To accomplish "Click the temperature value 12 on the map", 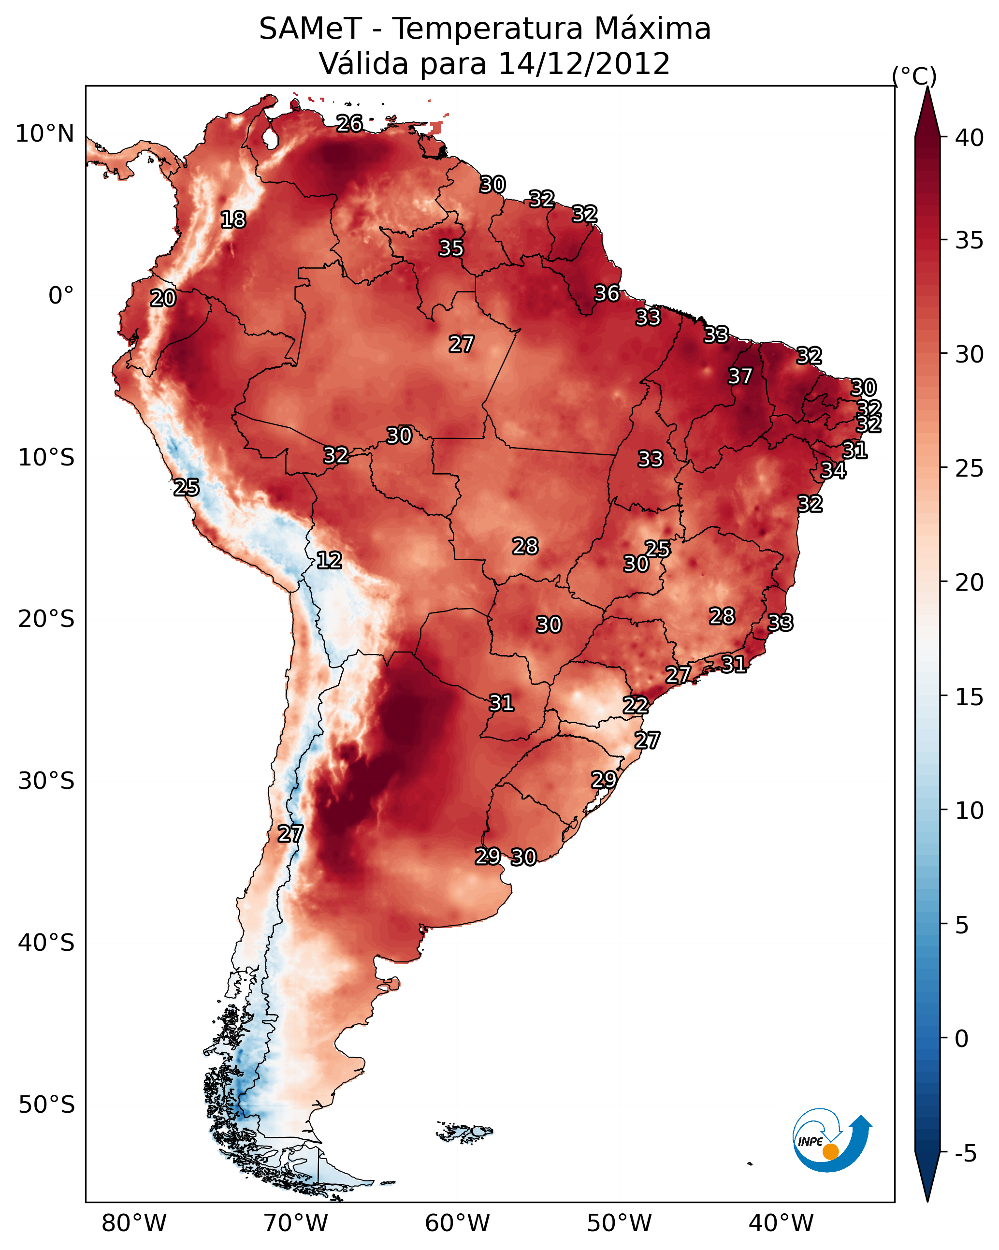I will [x=329, y=560].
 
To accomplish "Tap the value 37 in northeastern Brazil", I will [x=740, y=376].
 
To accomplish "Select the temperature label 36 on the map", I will [x=607, y=293].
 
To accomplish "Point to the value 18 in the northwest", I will [x=233, y=220].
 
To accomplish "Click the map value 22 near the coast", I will [x=635, y=705].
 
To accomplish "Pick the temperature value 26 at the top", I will [x=349, y=123].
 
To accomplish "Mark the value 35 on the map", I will [x=450, y=248].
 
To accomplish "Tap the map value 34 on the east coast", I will [x=833, y=470].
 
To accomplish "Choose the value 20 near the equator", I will [x=163, y=298].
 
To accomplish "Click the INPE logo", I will [x=831, y=1142].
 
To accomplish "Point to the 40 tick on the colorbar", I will [x=969, y=138].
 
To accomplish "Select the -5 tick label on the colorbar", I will [x=965, y=1153].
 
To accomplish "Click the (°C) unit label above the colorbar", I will [x=914, y=76].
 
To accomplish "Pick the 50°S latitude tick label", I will [x=46, y=1105].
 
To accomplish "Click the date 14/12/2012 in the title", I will [x=584, y=63].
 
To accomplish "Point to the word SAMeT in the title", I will [x=310, y=29].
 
